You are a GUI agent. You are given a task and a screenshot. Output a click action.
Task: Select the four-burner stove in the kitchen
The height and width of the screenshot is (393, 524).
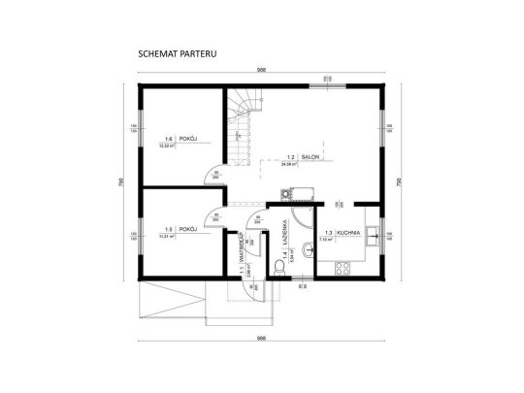click(341, 267)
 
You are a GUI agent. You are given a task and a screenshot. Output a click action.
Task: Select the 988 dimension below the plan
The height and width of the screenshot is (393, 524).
click(261, 338)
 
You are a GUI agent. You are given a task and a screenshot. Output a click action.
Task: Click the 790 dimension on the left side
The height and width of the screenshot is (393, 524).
click(122, 182)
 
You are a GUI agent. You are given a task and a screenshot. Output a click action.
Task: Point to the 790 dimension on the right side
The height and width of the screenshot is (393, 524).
click(400, 182)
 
